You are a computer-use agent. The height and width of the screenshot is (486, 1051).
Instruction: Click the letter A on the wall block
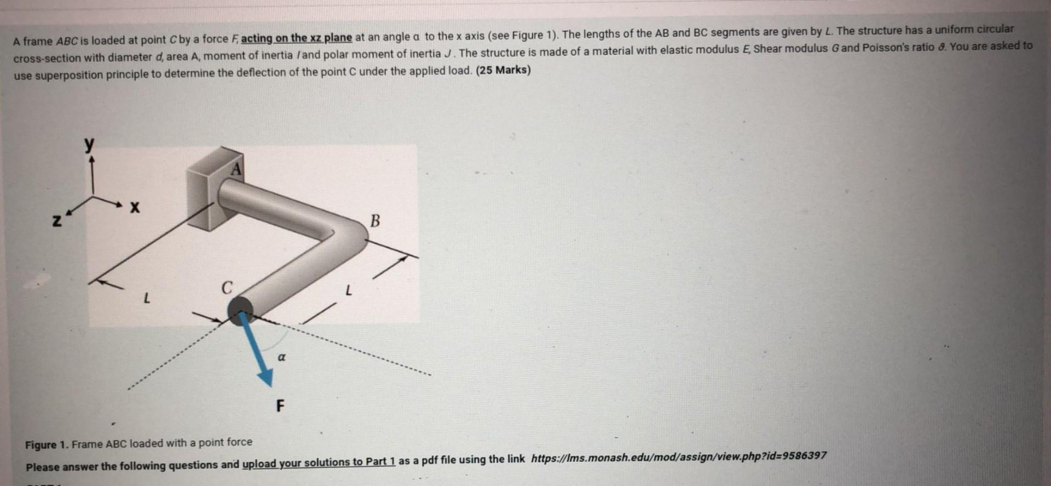click(236, 169)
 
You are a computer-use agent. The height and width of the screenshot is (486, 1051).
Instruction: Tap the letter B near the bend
click(375, 221)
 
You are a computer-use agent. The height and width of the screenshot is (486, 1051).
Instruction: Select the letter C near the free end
click(226, 287)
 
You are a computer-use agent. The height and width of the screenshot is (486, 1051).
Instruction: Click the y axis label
click(89, 144)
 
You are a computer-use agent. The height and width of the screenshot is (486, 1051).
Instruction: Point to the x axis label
click(135, 208)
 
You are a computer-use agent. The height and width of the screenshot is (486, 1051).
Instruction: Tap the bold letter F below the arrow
click(280, 406)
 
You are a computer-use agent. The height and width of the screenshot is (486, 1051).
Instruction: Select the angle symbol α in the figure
click(281, 357)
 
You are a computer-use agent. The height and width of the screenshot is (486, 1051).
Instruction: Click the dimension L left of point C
click(146, 299)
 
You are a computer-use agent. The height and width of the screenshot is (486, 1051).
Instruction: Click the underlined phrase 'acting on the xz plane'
click(296, 38)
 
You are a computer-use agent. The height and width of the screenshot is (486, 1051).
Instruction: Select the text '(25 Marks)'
click(503, 70)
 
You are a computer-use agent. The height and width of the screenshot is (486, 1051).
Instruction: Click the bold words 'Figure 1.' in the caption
click(47, 444)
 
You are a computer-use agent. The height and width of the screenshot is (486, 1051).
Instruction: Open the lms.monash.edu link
click(679, 457)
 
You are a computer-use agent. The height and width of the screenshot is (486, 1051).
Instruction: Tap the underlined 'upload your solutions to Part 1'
click(319, 462)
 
